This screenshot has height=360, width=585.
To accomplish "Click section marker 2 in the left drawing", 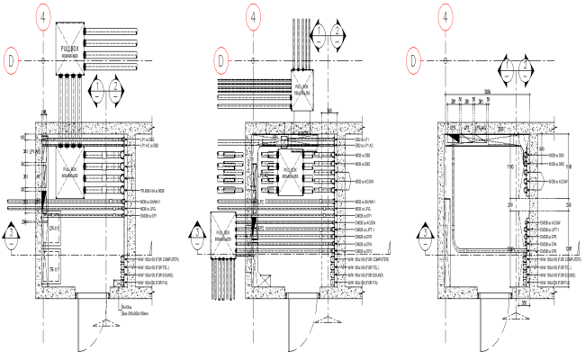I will pos(117,92).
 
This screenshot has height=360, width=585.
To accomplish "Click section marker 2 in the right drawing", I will pos(526,69).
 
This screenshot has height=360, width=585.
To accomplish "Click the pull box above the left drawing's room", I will pos(72,47).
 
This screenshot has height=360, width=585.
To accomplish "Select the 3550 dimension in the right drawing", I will pos(487,92).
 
